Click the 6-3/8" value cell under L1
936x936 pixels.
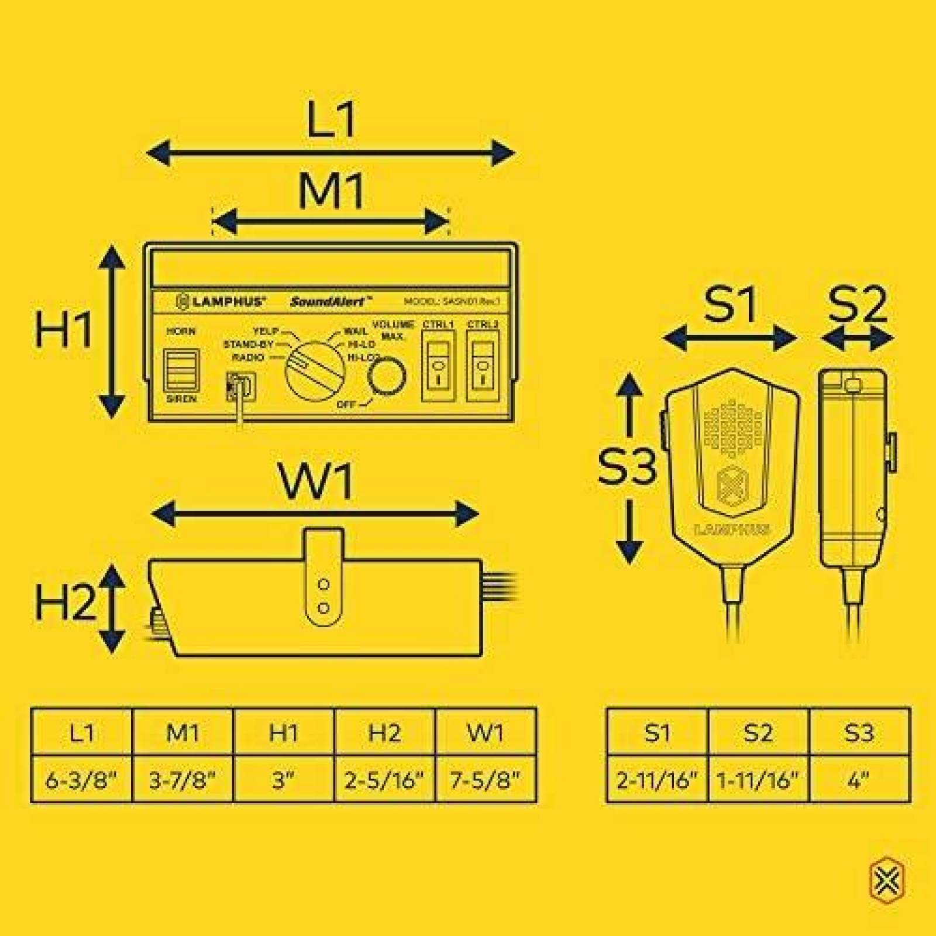81,780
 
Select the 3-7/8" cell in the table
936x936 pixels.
183,780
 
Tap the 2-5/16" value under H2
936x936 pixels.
384,780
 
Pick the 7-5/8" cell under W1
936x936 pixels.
486,780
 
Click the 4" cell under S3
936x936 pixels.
859,780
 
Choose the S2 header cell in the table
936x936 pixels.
758,732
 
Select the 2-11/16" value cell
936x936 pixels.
658,780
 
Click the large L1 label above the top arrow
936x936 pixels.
332,120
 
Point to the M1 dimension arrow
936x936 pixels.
331,222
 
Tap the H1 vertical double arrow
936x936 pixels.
112,331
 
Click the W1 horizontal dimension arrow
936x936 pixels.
315,514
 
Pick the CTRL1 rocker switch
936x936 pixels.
438,367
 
